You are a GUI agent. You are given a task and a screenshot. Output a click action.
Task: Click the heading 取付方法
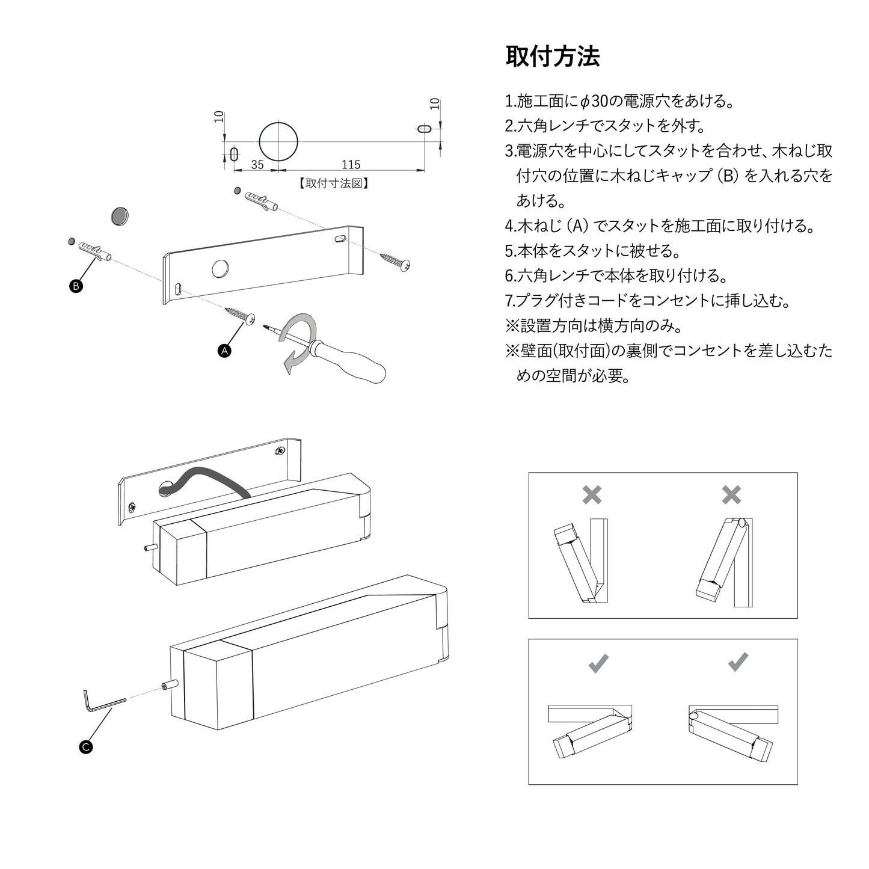552,57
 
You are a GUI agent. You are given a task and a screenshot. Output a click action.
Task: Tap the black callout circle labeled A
224,351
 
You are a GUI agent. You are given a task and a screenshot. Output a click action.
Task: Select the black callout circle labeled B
76,286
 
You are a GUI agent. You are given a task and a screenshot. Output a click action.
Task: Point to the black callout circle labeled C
86,748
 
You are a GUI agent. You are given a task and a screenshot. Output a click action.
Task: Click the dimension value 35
257,165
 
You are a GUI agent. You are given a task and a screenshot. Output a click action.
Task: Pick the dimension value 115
351,165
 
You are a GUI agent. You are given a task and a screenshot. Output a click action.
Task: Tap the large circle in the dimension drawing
278,141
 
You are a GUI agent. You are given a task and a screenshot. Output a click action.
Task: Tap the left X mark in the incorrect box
592,495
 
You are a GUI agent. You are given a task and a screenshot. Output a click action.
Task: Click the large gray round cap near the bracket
120,216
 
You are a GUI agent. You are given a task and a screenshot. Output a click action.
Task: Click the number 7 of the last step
509,301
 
